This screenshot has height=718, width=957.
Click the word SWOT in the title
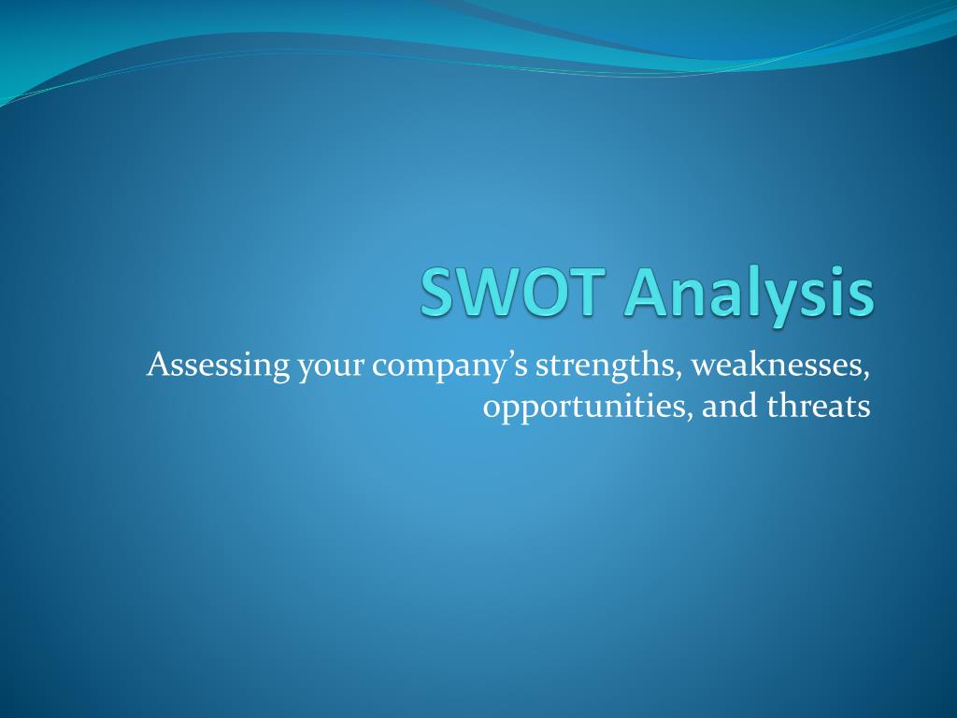pyautogui.click(x=513, y=292)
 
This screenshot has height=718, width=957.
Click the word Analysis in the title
pyautogui.click(x=750, y=296)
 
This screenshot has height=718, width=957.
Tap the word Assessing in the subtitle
pyautogui.click(x=219, y=366)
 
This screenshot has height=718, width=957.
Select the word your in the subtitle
pyautogui.click(x=331, y=368)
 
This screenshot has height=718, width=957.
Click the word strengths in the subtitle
pyautogui.click(x=605, y=366)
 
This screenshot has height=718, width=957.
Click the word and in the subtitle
pyautogui.click(x=730, y=406)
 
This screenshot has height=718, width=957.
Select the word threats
pyautogui.click(x=819, y=406)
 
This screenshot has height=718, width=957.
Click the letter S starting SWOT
pyautogui.click(x=438, y=292)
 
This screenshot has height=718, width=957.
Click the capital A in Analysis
pyautogui.click(x=647, y=292)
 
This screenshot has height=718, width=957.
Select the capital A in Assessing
pyautogui.click(x=158, y=365)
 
